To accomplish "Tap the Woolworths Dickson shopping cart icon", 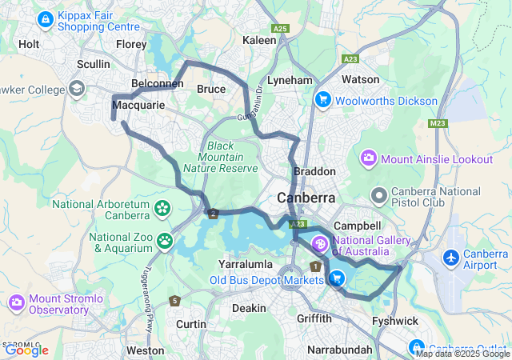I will coord(323,100).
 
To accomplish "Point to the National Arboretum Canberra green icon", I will coord(162,209).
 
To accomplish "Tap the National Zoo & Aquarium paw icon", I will coord(165,239).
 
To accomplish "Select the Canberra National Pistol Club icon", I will coord(379,194).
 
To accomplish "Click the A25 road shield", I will coord(279,28).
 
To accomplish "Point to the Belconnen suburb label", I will coord(157,82).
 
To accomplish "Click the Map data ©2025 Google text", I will coord(462,354).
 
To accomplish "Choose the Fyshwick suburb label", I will coord(395,321).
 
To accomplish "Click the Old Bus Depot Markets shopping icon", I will coord(337,278).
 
